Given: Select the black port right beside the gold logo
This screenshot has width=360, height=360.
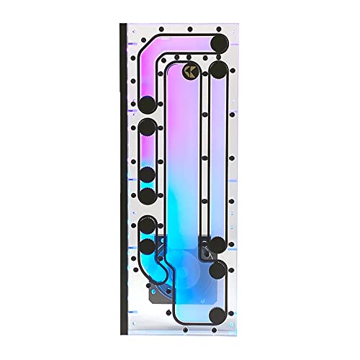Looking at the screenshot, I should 218,70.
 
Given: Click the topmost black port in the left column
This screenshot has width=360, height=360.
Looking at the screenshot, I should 148,103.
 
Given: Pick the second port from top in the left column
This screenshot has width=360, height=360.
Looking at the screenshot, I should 148,128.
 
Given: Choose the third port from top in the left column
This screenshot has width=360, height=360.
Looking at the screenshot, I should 148,174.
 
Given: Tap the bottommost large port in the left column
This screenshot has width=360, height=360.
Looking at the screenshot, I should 148,248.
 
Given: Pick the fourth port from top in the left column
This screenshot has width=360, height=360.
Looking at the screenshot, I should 148,196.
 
